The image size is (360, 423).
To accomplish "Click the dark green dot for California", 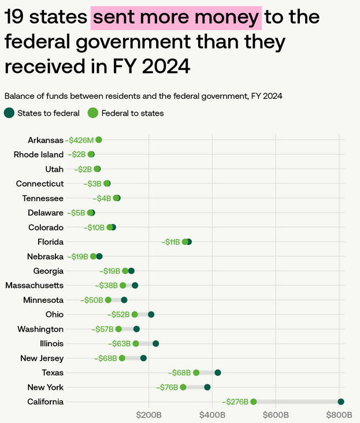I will coord(341,402).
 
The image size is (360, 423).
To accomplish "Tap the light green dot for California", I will coord(253,402).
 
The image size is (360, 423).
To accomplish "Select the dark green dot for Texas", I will coord(218,373).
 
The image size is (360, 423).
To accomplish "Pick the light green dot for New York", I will coord(183,387).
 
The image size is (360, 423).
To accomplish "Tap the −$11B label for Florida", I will coord(171,242).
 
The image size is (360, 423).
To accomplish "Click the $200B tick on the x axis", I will coord(149,414).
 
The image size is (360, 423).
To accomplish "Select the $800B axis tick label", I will coord(339,414).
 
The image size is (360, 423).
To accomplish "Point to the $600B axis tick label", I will coord(276,414).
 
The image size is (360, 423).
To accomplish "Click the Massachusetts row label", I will coord(34,285).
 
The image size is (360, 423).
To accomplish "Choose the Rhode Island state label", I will coord(38,154).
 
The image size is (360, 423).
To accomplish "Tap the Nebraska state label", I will coord(45,257).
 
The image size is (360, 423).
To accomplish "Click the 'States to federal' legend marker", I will coord(9,113).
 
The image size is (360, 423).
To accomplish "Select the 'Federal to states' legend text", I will coord(132,113).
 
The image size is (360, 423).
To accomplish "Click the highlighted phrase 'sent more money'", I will coord(176,18).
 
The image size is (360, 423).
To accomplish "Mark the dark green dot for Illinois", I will coord(155,344).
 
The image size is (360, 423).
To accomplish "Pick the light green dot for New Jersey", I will coord(122,358).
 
